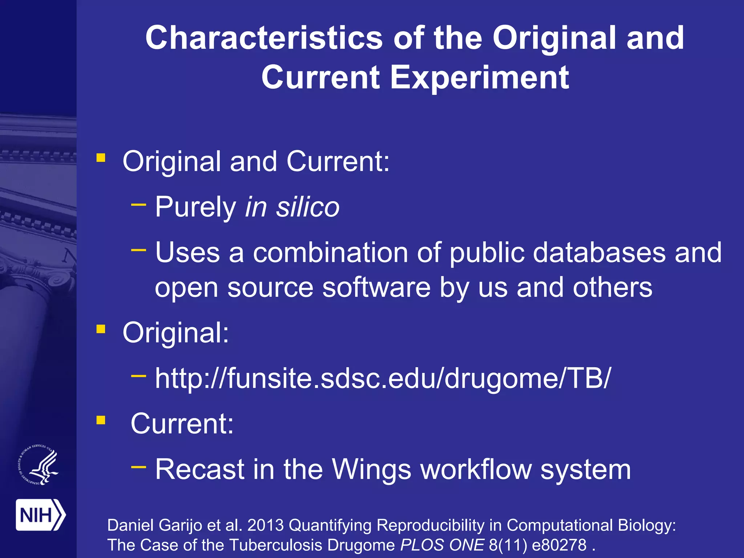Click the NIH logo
pyautogui.click(x=40, y=515)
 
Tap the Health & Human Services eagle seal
pyautogui.click(x=38, y=465)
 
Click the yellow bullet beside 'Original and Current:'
pyautogui.click(x=101, y=158)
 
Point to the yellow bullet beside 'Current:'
pyautogui.click(x=101, y=420)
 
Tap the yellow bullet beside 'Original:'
pyautogui.click(x=101, y=329)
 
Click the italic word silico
pyautogui.click(x=308, y=207)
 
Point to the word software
pyautogui.click(x=376, y=288)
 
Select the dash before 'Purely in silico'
pyautogui.click(x=138, y=205)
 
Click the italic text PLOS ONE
pyautogui.click(x=442, y=545)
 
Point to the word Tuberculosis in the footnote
pyautogui.click(x=276, y=545)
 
